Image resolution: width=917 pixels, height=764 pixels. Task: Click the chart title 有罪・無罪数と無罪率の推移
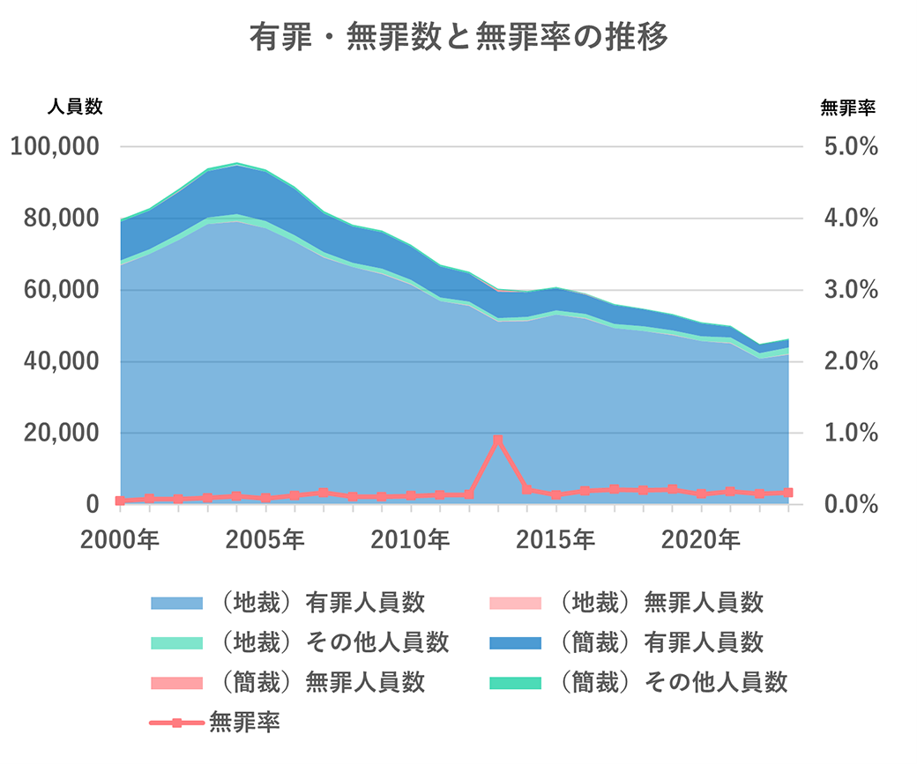point(458,38)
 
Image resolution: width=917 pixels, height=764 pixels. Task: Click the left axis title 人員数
point(75,108)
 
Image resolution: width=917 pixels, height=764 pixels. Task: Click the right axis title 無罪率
point(847,108)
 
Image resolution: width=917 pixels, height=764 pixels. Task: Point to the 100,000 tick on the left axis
point(54,146)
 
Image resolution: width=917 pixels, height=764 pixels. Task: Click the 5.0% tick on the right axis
point(849,146)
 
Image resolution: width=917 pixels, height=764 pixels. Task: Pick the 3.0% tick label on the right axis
point(849,290)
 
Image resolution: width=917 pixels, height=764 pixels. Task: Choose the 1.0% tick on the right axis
point(849,434)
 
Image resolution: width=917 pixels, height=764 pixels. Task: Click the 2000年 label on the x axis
point(120,539)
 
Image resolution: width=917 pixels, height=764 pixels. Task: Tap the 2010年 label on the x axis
point(410,539)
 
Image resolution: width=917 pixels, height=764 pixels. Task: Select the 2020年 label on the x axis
point(701,539)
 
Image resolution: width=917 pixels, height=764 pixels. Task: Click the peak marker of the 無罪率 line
point(498,440)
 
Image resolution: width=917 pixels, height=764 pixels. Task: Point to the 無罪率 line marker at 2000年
point(121,501)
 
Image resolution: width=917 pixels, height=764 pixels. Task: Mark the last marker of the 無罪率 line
point(788,493)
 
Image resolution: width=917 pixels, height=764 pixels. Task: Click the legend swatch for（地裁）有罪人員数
point(176,604)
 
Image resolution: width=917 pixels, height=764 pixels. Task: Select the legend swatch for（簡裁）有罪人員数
point(515,642)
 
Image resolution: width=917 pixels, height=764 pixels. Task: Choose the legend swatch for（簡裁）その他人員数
point(515,682)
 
